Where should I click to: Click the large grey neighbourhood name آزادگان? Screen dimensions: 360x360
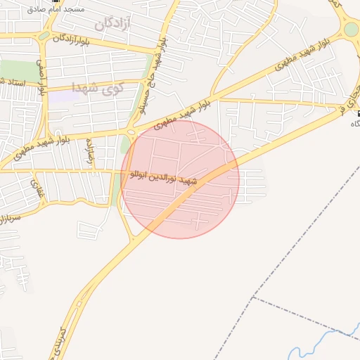[x=112, y=23]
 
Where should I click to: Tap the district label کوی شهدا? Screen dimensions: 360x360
[x=97, y=88]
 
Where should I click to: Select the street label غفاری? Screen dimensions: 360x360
[x=35, y=188]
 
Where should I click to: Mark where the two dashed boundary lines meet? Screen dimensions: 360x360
[x=252, y=298]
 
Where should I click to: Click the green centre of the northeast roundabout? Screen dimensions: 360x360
[x=352, y=30]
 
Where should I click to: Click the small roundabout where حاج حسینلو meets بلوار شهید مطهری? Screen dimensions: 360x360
[x=131, y=131]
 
